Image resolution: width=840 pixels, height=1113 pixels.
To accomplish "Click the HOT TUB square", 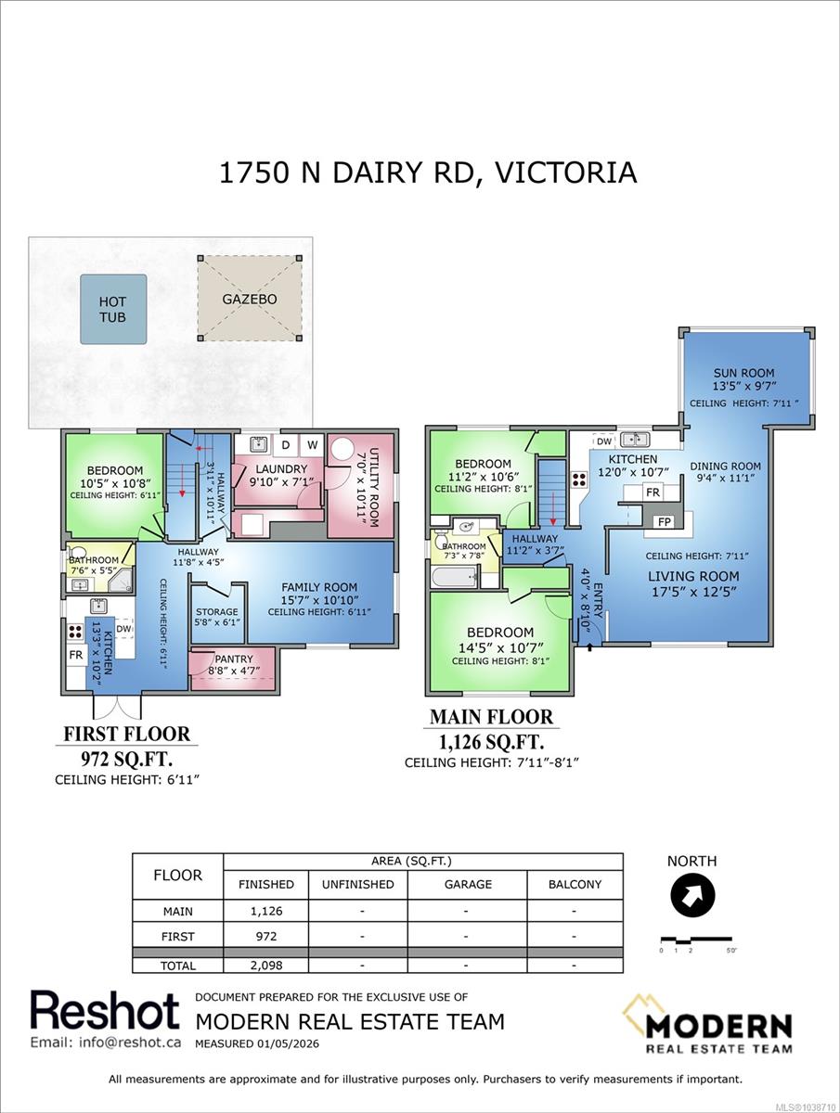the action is [113, 309].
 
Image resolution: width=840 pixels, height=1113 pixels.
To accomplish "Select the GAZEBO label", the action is [250, 300].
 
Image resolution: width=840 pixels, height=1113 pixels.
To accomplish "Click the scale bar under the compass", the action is [696, 939].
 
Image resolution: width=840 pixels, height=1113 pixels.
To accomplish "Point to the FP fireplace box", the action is [665, 522].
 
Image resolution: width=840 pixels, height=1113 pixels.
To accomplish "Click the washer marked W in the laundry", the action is [312, 445].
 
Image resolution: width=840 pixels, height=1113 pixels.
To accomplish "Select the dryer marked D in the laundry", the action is [286, 445].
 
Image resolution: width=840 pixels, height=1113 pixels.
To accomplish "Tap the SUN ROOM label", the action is [744, 373].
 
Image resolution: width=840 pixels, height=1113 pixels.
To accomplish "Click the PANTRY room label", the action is [234, 659].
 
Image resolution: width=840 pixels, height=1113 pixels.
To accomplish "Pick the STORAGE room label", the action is [216, 611].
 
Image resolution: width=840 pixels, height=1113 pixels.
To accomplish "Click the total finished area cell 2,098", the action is [266, 965].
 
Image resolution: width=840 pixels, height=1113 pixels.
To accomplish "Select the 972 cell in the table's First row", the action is [266, 936].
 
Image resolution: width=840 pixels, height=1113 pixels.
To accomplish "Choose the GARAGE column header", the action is [468, 884].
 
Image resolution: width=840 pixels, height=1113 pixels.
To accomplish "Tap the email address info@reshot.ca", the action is [106, 1042].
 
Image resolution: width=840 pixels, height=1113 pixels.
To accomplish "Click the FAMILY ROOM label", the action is [319, 587].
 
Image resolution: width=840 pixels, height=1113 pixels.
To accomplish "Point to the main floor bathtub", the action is [454, 577].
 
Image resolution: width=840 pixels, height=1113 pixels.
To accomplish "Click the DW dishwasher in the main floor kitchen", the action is [604, 441].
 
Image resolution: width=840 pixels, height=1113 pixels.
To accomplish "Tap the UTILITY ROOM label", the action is [373, 487].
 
